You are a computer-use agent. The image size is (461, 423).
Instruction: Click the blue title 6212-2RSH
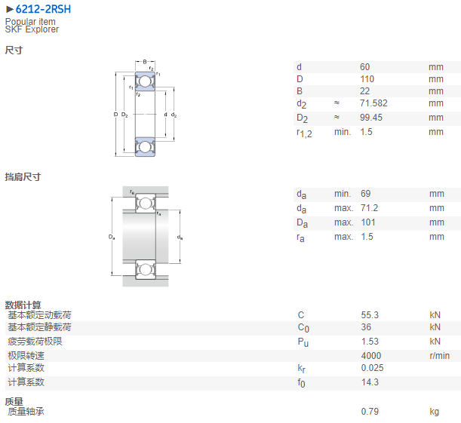tap(43, 9)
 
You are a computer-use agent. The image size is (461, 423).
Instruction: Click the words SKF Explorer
tap(32, 29)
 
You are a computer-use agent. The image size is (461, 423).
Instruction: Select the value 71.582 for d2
tap(373, 103)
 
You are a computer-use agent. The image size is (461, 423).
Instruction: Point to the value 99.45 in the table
tap(371, 118)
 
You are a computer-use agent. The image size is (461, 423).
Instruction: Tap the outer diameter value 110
tap(367, 79)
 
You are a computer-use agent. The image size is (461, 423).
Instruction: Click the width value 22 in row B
tap(365, 91)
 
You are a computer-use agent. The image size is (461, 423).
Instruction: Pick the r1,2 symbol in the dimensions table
tap(304, 133)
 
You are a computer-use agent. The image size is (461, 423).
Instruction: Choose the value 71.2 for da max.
tap(369, 208)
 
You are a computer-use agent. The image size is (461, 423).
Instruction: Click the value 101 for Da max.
tap(368, 222)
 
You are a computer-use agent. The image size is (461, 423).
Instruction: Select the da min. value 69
tap(365, 194)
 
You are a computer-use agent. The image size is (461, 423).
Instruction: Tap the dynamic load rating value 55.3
tap(370, 315)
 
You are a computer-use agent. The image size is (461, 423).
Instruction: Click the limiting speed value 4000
tap(371, 356)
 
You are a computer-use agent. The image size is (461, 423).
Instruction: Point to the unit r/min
tap(440, 356)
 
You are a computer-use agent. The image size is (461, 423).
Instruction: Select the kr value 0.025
tap(372, 368)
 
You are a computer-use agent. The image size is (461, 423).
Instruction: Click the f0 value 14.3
tap(370, 382)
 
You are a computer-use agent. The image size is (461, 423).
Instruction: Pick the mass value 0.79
tap(370, 412)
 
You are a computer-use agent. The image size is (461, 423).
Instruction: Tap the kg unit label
tap(435, 412)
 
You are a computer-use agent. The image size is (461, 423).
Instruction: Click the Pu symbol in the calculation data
tap(303, 342)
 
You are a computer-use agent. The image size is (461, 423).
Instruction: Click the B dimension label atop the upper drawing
tap(145, 62)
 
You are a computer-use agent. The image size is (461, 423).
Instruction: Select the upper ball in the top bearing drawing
tap(145, 81)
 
